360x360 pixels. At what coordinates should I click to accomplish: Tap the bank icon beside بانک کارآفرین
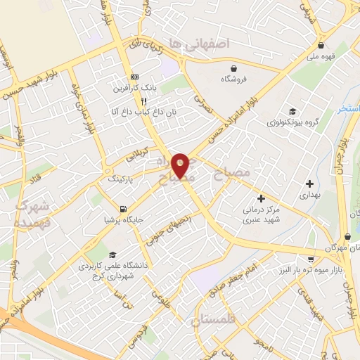(135, 77)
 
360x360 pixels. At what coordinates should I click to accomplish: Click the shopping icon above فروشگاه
(233, 67)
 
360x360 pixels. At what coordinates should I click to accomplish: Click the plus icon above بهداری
(309, 184)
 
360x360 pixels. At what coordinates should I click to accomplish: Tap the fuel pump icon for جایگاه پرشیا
(124, 208)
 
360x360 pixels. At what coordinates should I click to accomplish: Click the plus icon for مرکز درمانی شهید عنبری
(261, 200)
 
